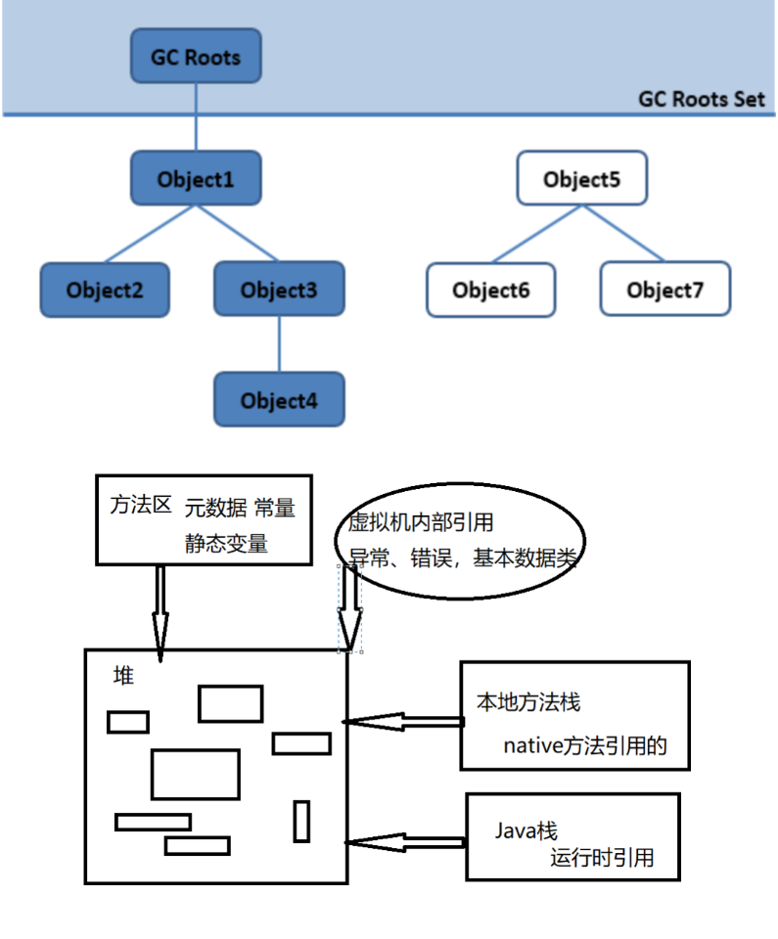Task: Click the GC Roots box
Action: (x=196, y=56)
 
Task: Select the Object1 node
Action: (x=196, y=178)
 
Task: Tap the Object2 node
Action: (x=105, y=290)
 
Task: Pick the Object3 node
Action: (x=279, y=289)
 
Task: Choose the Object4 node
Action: (x=279, y=399)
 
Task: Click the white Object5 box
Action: (x=582, y=178)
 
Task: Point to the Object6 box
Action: (x=491, y=290)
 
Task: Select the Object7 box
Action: (x=665, y=289)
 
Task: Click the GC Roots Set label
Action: (x=702, y=99)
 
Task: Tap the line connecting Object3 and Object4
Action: (x=279, y=344)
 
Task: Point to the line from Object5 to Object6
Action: (x=537, y=234)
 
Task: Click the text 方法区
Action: (x=141, y=505)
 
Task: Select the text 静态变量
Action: (x=226, y=543)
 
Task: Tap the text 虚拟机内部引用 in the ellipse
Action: (x=421, y=521)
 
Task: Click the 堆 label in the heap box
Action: (x=123, y=676)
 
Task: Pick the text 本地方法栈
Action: (x=528, y=702)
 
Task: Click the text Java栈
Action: (x=526, y=830)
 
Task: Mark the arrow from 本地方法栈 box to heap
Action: (x=403, y=722)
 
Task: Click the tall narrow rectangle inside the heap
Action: (x=301, y=822)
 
